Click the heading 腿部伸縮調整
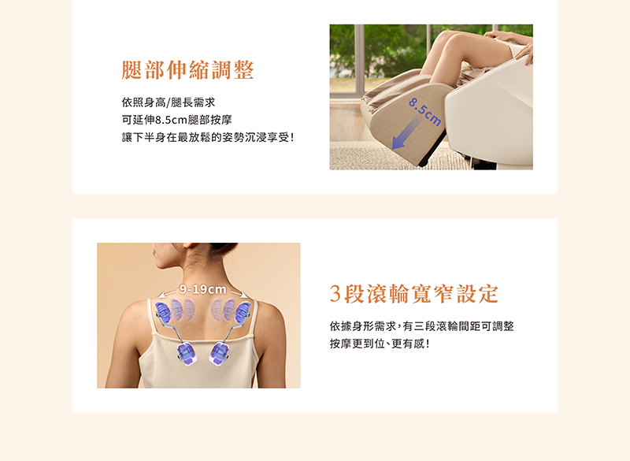click(187, 70)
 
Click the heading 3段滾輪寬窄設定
click(414, 294)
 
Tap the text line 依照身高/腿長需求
click(169, 102)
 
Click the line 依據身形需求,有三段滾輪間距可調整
click(421, 326)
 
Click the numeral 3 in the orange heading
click(335, 295)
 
